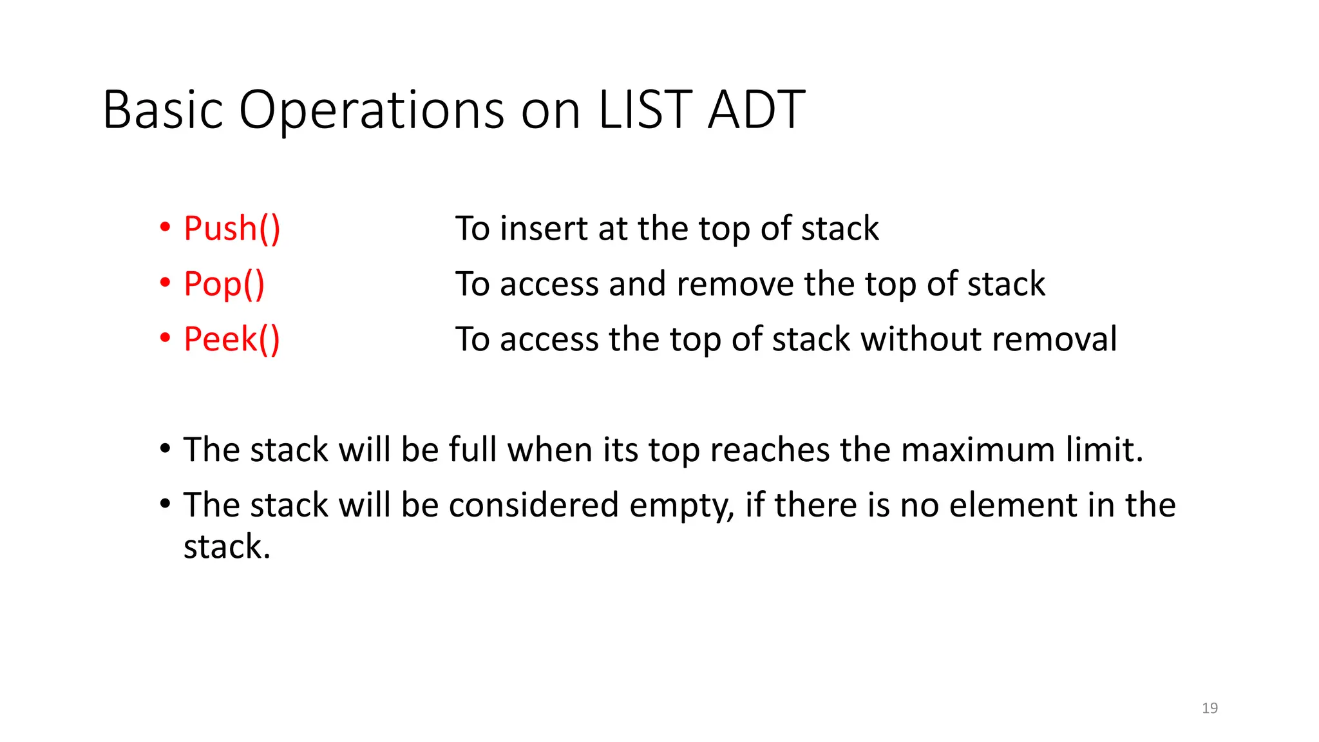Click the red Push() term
[x=232, y=229]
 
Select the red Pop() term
[x=224, y=284]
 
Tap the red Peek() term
[x=232, y=339]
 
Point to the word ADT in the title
[x=756, y=109]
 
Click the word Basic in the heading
[x=163, y=109]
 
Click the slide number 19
[x=1210, y=708]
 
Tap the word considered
[x=533, y=505]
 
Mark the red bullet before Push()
[x=166, y=227]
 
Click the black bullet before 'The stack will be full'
[x=166, y=448]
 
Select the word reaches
[x=769, y=450]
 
